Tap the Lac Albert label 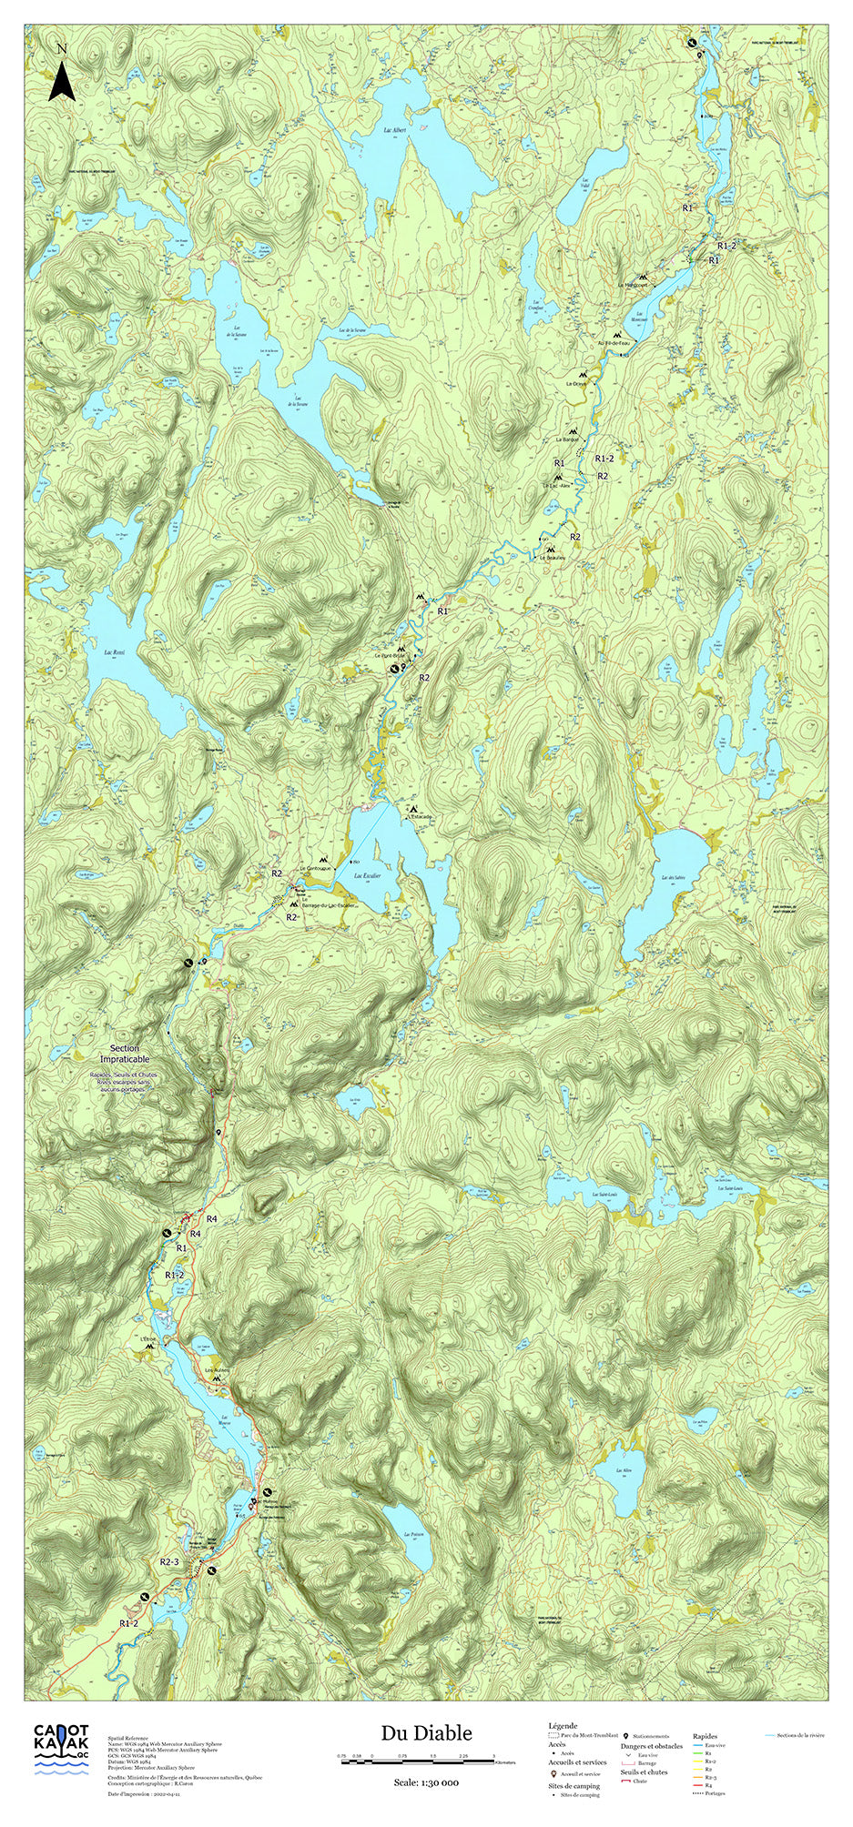coord(395,130)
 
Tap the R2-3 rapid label coord(170,1562)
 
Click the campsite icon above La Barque coord(573,431)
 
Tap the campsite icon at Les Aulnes coord(217,1379)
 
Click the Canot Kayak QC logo coord(62,1746)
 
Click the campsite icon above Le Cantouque coord(322,859)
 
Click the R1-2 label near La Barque coord(604,458)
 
